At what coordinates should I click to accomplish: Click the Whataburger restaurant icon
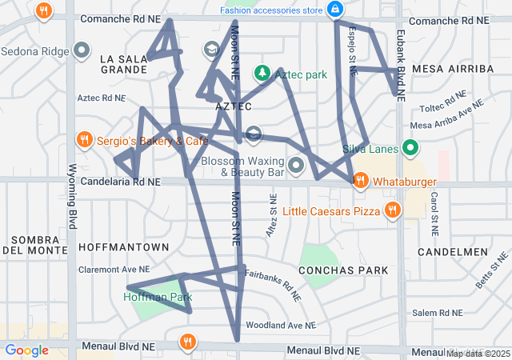[x=361, y=181]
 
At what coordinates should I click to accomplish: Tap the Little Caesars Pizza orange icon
[x=392, y=210]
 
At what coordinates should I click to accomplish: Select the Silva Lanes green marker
[x=410, y=148]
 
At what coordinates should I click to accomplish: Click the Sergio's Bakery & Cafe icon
[x=84, y=141]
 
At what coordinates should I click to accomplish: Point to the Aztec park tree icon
[x=262, y=74]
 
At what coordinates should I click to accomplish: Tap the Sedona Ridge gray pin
[x=81, y=51]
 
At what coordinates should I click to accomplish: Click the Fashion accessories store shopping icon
[x=335, y=10]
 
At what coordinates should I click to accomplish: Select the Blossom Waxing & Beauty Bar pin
[x=297, y=166]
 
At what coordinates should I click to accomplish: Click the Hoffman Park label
[x=158, y=297]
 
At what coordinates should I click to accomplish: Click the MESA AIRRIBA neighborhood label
[x=453, y=69]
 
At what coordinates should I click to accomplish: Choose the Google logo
[x=27, y=350]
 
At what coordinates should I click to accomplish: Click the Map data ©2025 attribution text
[x=478, y=354]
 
